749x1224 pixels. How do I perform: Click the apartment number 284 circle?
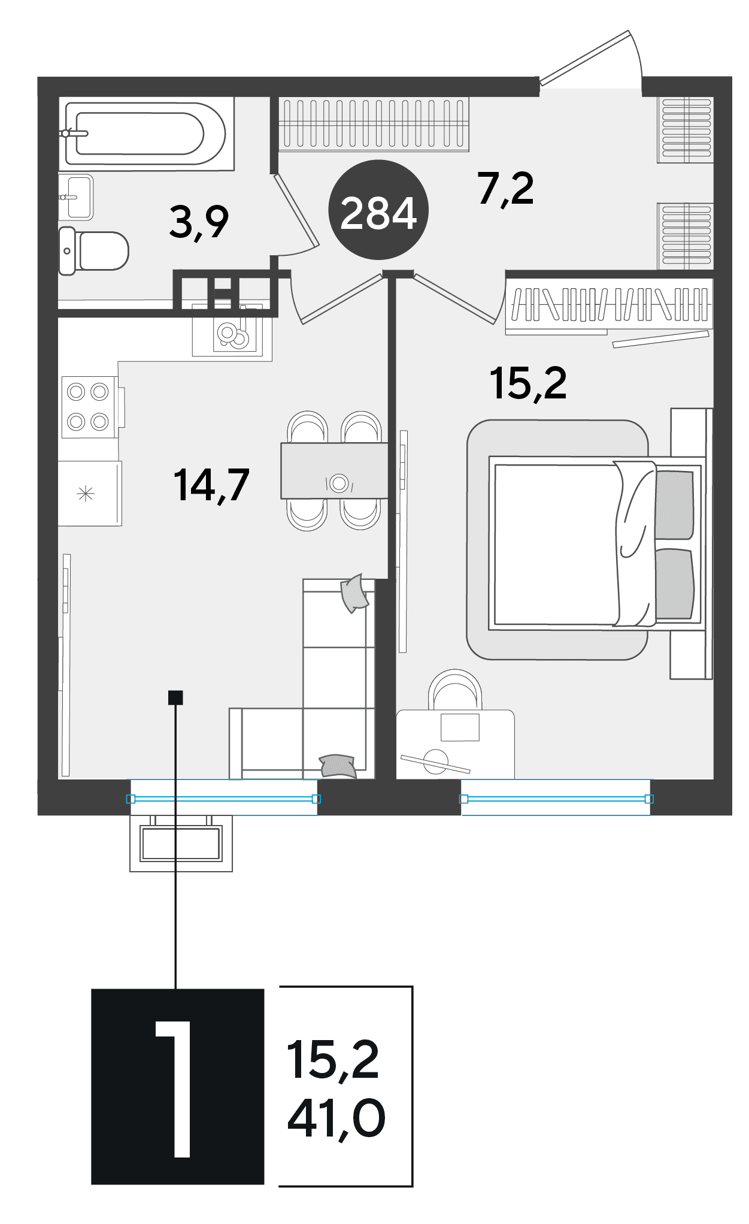378,210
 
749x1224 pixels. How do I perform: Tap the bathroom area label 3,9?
199,222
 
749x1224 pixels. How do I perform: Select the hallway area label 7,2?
506,188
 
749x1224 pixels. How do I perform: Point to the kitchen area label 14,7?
211,485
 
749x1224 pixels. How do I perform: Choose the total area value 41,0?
336,1119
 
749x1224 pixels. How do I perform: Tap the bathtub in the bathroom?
145,133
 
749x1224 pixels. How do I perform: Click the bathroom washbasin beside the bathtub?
76,197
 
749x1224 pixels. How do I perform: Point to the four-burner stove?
89,407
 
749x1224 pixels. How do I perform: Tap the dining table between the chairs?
334,470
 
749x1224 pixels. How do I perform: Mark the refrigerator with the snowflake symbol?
90,494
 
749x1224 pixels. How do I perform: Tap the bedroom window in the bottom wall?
556,798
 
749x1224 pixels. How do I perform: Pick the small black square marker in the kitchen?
175,697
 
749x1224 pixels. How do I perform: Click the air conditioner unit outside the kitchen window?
181,843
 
